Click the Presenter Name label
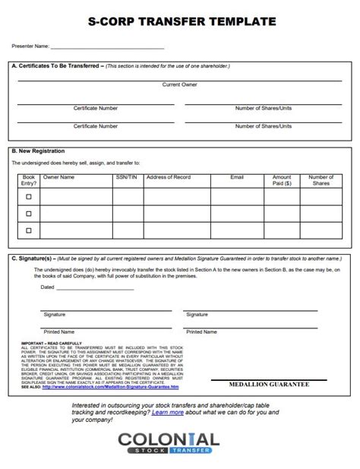[x=30, y=46]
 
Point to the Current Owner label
[x=180, y=84]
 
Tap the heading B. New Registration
[x=38, y=151]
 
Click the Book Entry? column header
[x=29, y=179]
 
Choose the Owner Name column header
[x=58, y=176]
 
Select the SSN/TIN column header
[x=127, y=176]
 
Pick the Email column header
[x=237, y=176]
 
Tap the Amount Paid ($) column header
[x=282, y=179]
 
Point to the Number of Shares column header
[x=321, y=179]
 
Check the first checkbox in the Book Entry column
[x=29, y=196]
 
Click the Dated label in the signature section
[x=47, y=287]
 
